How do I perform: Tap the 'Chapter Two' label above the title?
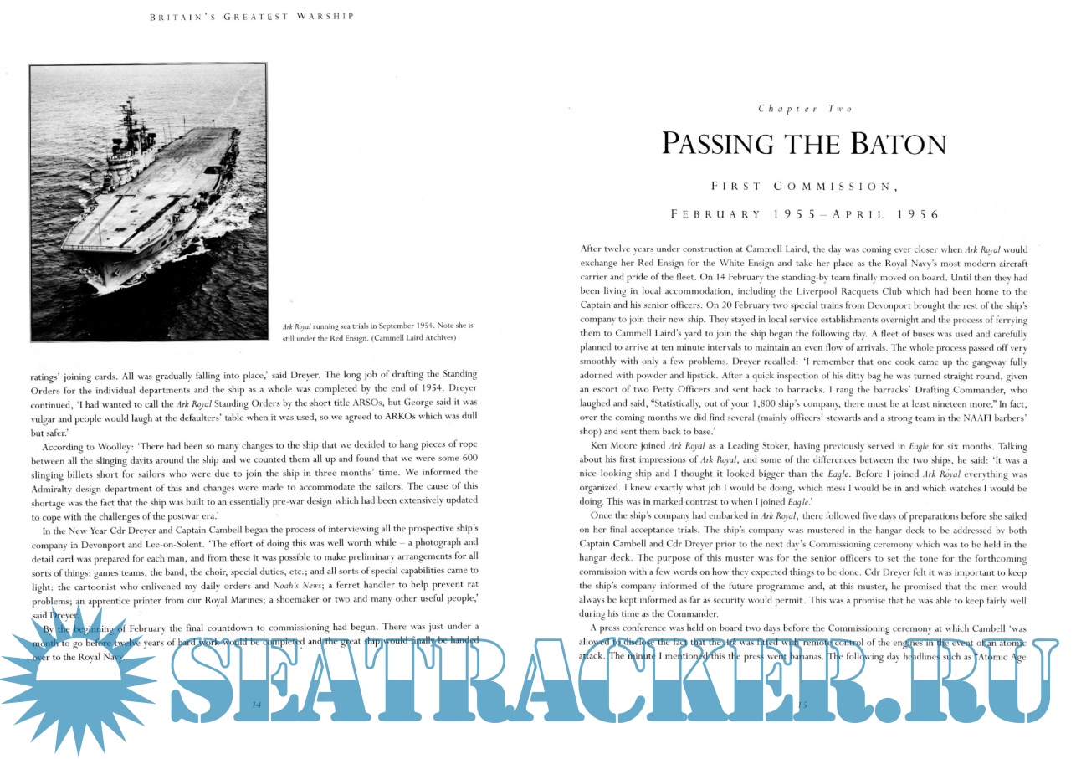[805, 109]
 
